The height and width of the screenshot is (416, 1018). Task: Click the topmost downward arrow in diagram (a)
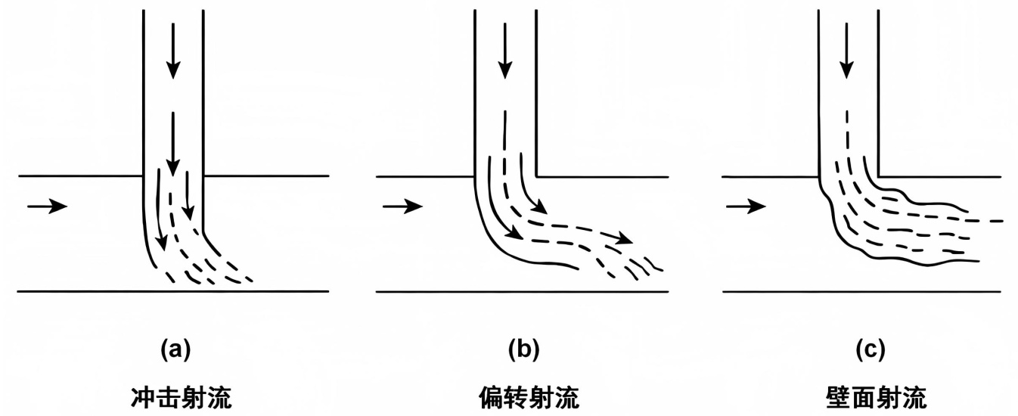click(x=173, y=50)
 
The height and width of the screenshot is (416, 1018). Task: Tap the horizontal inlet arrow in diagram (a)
click(x=47, y=205)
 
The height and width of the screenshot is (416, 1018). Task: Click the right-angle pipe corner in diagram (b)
click(x=536, y=176)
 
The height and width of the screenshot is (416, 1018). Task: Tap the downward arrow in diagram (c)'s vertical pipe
click(x=847, y=50)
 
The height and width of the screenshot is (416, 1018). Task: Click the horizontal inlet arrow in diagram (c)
click(x=747, y=205)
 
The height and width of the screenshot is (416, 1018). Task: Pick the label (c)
click(x=868, y=349)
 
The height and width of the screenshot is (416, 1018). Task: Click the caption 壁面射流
click(x=868, y=396)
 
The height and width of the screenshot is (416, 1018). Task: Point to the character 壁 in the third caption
click(x=831, y=396)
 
